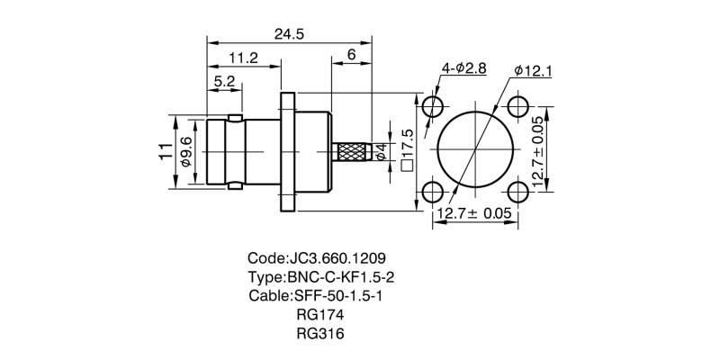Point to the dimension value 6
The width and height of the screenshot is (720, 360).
click(x=351, y=57)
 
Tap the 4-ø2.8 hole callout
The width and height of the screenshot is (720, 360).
click(x=464, y=68)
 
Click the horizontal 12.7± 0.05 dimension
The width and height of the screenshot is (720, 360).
click(x=474, y=213)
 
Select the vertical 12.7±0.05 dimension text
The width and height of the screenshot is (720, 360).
click(x=538, y=150)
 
